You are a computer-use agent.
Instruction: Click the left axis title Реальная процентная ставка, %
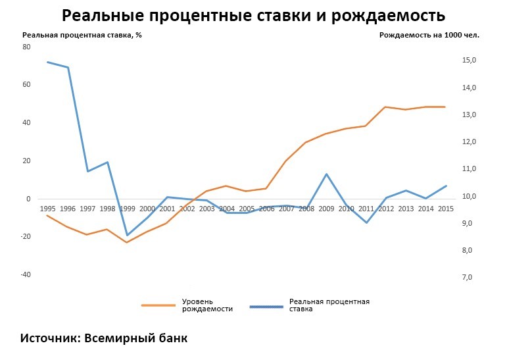pos(82,35)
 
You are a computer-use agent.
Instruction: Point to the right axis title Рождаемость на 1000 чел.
pos(429,35)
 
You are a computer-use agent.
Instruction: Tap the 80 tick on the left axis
pos(26,47)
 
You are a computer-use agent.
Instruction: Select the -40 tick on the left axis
pos(26,274)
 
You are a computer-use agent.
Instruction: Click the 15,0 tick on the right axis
pos(469,61)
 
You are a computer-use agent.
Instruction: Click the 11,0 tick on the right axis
pos(469,169)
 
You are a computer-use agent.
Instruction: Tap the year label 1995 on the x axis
pos(47,209)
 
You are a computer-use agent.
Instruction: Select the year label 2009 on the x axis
pos(326,209)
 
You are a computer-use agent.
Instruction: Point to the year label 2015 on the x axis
pos(446,209)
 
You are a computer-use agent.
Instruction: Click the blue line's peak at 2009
pos(326,174)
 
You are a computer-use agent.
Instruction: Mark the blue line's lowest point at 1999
pos(127,236)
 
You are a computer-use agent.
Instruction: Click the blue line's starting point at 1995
pos(47,62)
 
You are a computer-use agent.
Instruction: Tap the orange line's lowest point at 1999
pos(127,242)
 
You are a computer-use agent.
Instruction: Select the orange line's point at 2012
pos(385,107)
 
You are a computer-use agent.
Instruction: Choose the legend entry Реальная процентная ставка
pos(329,305)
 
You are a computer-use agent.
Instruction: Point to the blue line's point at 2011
pos(366,222)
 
